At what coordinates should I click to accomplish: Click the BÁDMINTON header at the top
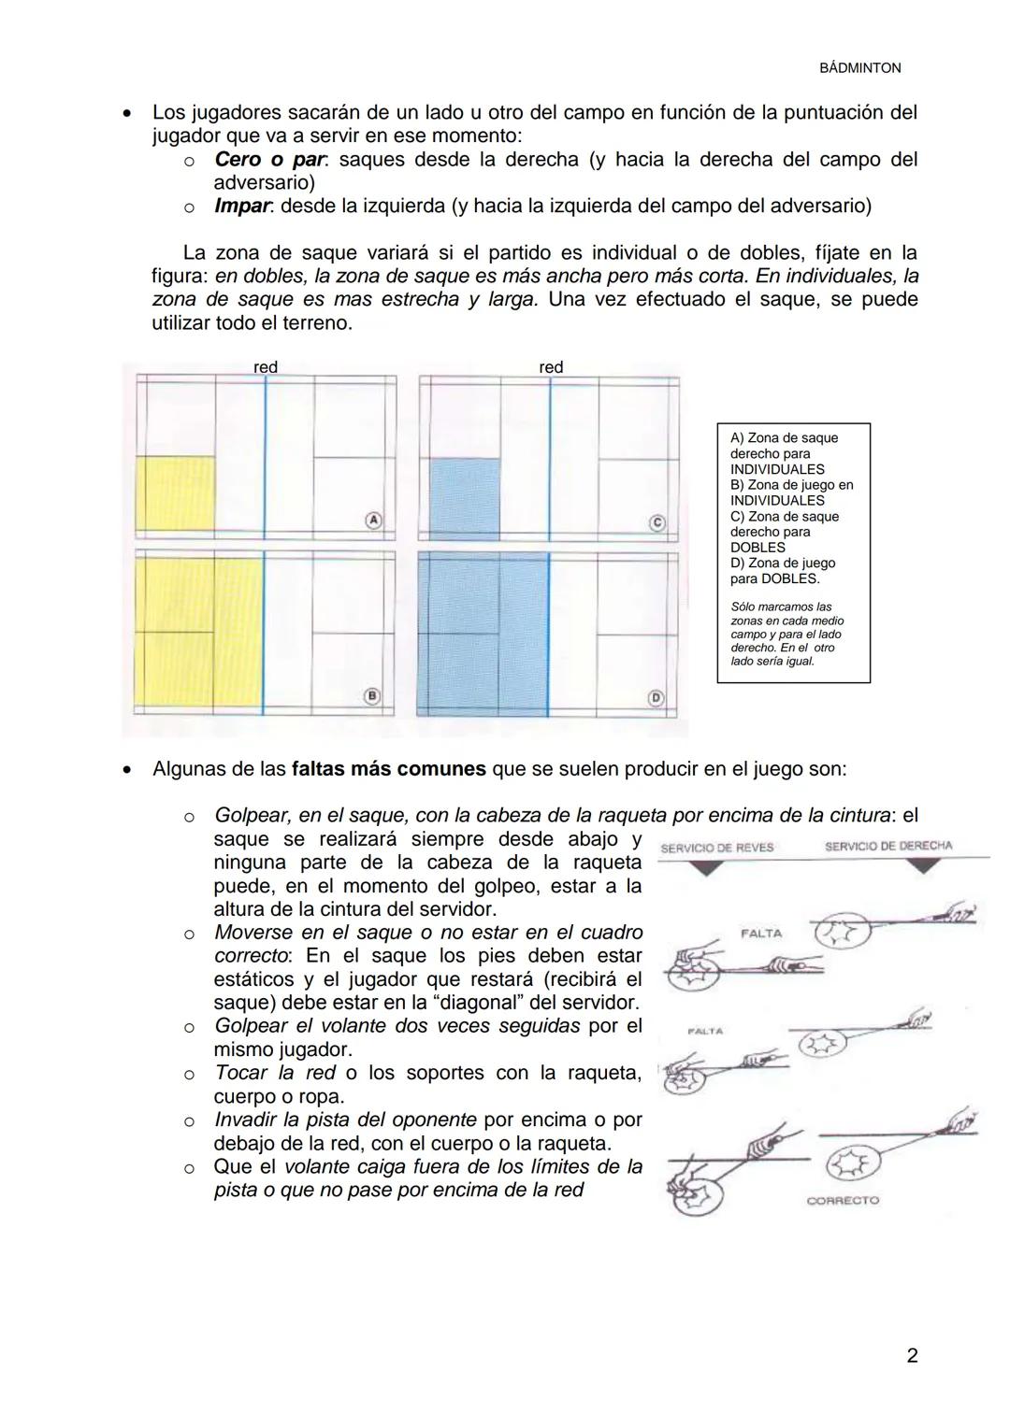click(859, 68)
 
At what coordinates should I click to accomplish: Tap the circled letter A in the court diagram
click(372, 519)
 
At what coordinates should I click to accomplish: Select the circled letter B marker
click(372, 695)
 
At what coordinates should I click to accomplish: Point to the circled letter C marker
click(656, 523)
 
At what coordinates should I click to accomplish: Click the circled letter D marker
click(656, 697)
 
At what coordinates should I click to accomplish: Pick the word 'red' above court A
click(266, 367)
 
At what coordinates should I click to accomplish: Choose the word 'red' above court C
click(551, 367)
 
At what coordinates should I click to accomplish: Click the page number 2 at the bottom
click(912, 1355)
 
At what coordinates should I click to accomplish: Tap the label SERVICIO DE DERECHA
click(888, 846)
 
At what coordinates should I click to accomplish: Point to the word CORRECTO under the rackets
click(843, 1200)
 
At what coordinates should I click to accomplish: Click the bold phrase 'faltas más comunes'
click(388, 769)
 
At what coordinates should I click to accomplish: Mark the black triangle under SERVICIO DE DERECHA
click(925, 866)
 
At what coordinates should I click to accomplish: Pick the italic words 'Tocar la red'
click(274, 1073)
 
